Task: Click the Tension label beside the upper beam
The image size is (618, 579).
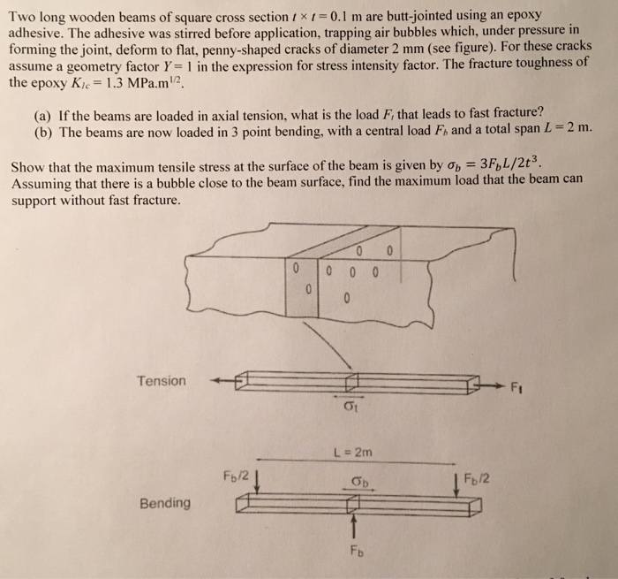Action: [162, 381]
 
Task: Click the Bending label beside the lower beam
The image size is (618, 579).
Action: [163, 503]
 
